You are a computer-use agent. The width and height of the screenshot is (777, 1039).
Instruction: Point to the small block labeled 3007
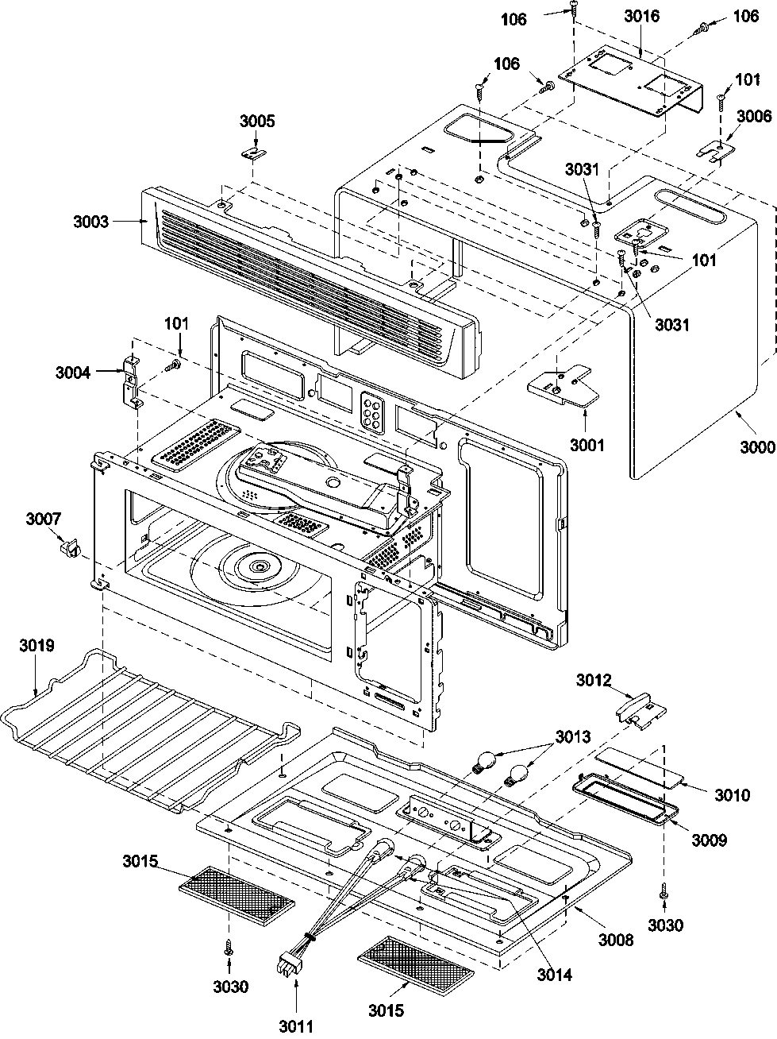(x=71, y=548)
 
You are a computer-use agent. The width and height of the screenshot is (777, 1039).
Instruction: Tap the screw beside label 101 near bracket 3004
(x=171, y=366)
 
